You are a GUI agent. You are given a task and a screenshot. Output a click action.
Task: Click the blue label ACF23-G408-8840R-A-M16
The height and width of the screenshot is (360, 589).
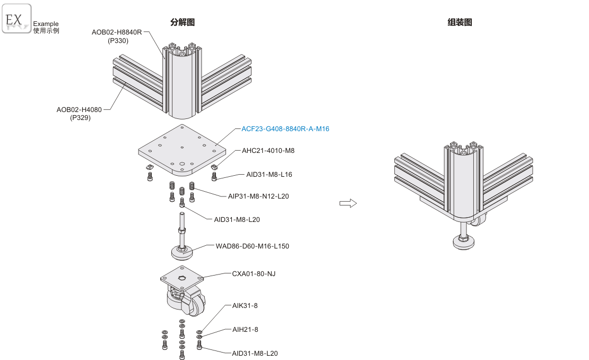(285, 129)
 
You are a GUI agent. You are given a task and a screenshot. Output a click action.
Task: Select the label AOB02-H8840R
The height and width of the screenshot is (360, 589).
(117, 32)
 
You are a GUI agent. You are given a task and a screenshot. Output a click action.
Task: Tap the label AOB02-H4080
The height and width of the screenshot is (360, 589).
(79, 110)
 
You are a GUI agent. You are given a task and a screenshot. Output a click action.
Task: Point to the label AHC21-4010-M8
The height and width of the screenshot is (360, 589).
(268, 151)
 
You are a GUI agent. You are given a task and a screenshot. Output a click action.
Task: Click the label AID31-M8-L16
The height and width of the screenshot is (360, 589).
(269, 174)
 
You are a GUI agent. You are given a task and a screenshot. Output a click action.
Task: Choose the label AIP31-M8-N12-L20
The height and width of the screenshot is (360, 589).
(258, 196)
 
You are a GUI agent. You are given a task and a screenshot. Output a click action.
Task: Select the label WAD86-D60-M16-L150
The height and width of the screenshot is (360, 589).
(253, 246)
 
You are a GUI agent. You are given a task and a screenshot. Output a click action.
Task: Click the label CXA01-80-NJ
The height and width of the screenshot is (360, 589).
(254, 274)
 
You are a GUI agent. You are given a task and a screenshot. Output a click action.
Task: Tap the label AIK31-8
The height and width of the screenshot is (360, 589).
(245, 306)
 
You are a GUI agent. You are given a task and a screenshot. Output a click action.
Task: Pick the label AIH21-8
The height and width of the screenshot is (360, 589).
(245, 330)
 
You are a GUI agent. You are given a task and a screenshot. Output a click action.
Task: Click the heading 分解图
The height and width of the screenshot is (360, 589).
(183, 22)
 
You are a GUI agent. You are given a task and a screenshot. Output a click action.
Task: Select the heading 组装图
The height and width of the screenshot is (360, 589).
(460, 22)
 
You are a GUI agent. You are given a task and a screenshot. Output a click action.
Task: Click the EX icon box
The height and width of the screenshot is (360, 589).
(16, 19)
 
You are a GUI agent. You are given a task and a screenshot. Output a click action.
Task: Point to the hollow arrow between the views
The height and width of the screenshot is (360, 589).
(348, 203)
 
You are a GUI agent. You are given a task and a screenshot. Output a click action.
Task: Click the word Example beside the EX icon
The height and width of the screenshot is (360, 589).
(46, 24)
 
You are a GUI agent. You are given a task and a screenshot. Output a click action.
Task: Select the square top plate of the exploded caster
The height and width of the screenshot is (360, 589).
(182, 278)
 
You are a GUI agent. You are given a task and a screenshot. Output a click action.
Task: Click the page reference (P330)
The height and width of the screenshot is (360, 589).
(118, 40)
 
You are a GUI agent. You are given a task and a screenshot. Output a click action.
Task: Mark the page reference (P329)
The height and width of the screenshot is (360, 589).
(80, 118)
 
